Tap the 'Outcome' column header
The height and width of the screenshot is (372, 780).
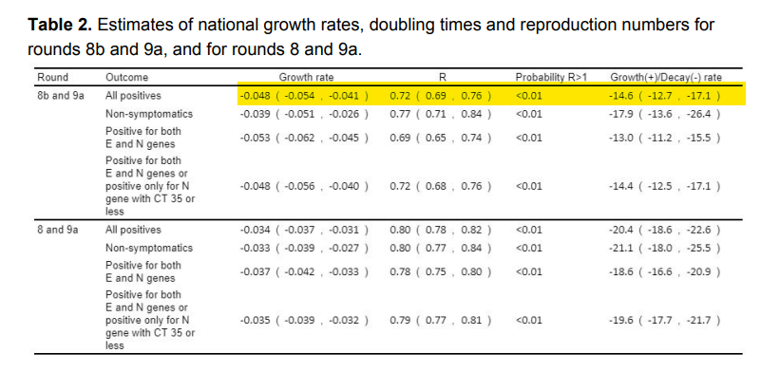pyautogui.click(x=125, y=77)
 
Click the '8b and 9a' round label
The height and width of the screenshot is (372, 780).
pyautogui.click(x=60, y=96)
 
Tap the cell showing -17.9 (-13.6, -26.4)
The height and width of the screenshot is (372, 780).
pyautogui.click(x=663, y=114)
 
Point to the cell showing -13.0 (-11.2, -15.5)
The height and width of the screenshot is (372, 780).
pyautogui.click(x=663, y=138)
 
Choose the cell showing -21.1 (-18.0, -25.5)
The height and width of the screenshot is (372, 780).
pyautogui.click(x=663, y=249)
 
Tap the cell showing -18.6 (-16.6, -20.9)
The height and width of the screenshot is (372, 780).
pyautogui.click(x=663, y=271)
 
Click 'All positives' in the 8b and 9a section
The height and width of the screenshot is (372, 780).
pyautogui.click(x=133, y=96)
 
